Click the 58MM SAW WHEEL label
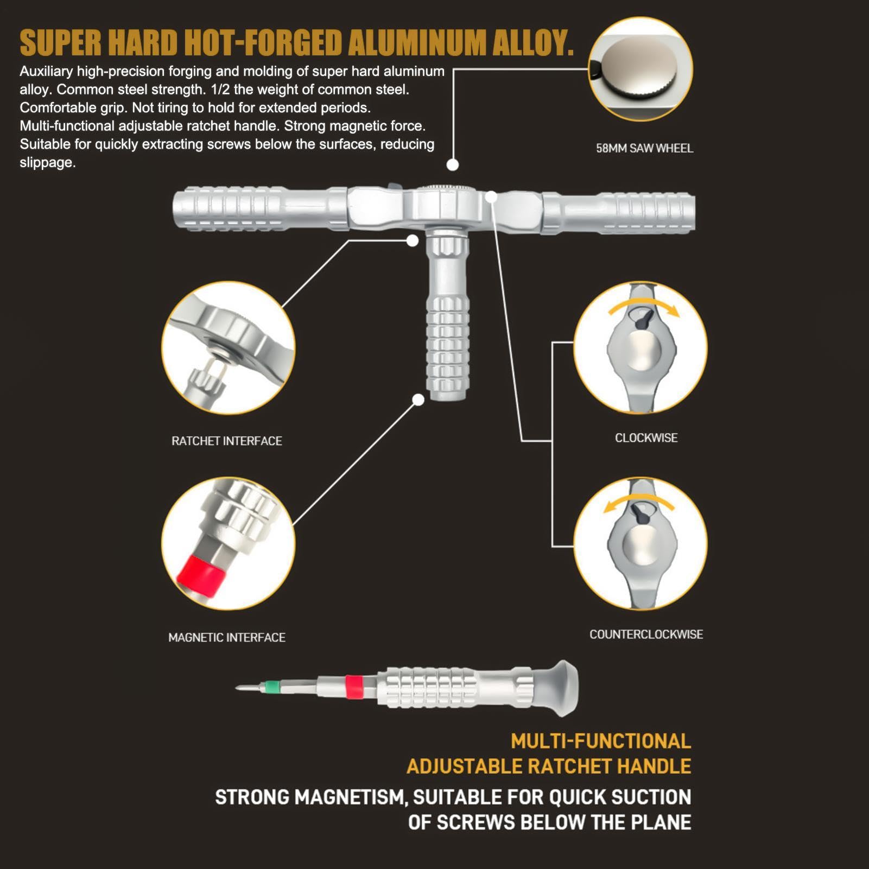[x=644, y=148]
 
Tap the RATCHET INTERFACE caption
[x=227, y=441]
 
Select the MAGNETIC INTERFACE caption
[x=227, y=637]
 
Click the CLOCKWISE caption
[x=646, y=437]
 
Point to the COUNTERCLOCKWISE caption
[x=646, y=634]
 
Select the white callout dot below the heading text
[x=453, y=164]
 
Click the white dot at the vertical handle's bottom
[x=418, y=400]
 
